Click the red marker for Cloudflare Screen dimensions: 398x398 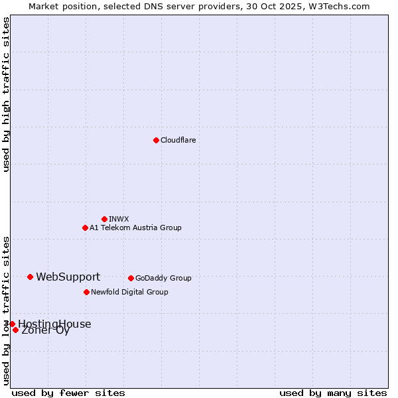click(156, 140)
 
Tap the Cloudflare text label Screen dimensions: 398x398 click(178, 140)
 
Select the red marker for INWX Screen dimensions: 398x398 click(104, 219)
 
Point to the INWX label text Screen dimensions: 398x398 click(119, 219)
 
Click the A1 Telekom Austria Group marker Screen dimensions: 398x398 click(85, 228)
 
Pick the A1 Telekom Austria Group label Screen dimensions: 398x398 click(135, 228)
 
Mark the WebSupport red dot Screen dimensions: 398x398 click(31, 277)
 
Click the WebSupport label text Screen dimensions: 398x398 click(68, 277)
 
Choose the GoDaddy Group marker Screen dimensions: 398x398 click(131, 278)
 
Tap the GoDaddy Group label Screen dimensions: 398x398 click(163, 278)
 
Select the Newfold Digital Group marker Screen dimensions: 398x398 click(86, 292)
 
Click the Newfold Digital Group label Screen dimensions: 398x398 click(129, 292)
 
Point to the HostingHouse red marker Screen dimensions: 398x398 click(12, 324)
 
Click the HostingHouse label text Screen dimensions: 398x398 click(54, 324)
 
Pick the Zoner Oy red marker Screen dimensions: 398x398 click(15, 330)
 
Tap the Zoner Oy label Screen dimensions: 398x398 click(45, 330)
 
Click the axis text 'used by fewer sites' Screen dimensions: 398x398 click(68, 393)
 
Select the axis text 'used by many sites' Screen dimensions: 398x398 click(333, 393)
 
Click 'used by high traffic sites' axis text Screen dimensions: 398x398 click(6, 94)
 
